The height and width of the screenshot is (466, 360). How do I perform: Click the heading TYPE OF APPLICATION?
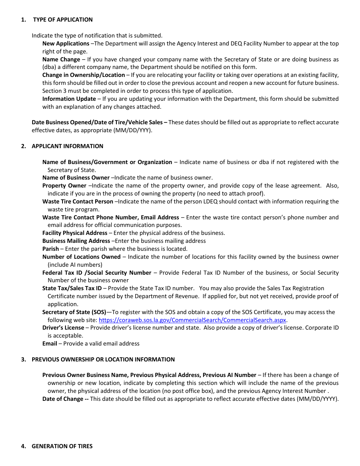(x=63, y=20)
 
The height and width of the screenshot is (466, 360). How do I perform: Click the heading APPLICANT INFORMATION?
(x=67, y=146)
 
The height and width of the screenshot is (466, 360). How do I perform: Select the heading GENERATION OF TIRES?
(x=62, y=446)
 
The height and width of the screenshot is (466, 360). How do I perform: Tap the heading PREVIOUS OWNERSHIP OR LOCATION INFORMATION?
(x=103, y=360)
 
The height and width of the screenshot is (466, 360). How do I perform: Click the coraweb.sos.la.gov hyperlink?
(x=192, y=320)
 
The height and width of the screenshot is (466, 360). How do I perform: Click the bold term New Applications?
(x=66, y=44)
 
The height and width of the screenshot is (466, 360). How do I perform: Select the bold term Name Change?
(x=61, y=59)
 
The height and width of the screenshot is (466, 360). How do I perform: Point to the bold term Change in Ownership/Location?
(x=83, y=75)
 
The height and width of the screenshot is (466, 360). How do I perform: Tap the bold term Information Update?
(x=69, y=99)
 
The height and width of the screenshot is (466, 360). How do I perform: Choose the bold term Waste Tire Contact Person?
(x=78, y=202)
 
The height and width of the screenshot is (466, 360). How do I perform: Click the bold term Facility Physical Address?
(x=75, y=233)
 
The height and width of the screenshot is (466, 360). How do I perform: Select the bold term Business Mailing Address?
(x=76, y=241)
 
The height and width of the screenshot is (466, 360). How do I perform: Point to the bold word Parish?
(x=50, y=249)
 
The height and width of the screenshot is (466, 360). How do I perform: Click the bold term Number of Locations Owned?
(x=81, y=257)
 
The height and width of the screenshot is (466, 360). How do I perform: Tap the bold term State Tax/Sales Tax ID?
(x=72, y=288)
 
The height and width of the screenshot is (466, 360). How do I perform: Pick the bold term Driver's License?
(x=63, y=328)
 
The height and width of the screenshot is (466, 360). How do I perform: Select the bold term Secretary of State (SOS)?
(x=74, y=312)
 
